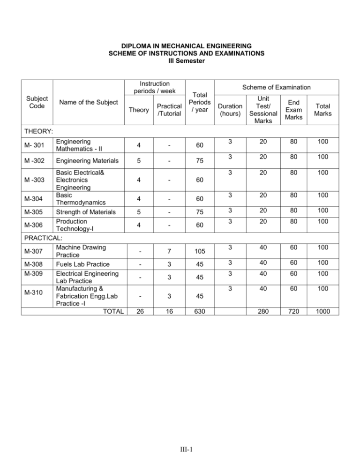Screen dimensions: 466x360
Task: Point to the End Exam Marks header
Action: [299, 111]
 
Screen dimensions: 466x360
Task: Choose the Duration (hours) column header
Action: [231, 111]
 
